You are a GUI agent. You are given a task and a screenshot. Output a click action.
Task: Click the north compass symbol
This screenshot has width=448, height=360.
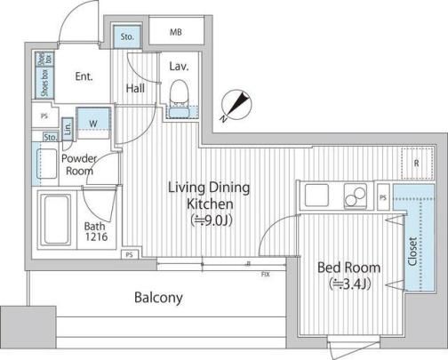pyautogui.click(x=236, y=106)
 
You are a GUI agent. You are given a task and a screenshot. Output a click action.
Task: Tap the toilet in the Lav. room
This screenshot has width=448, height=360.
pyautogui.click(x=179, y=92)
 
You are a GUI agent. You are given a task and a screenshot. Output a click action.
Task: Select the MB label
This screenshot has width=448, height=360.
pyautogui.click(x=176, y=32)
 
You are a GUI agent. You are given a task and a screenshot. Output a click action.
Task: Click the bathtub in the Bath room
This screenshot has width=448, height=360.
pyautogui.click(x=56, y=219)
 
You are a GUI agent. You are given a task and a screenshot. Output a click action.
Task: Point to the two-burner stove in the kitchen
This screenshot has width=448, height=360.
pyautogui.click(x=356, y=196)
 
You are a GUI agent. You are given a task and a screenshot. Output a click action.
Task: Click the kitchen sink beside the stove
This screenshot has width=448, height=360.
pyautogui.click(x=316, y=196)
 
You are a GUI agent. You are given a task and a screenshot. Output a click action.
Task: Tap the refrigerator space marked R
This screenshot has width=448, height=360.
pyautogui.click(x=417, y=163)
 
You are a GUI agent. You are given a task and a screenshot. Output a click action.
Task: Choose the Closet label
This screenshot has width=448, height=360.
pyautogui.click(x=412, y=252)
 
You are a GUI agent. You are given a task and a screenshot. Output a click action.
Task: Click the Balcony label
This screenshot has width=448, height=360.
pyautogui.click(x=158, y=298)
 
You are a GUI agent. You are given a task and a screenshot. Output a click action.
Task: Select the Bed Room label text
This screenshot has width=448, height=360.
pyautogui.click(x=348, y=268)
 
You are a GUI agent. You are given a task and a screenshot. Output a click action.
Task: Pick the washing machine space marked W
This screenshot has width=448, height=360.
pyautogui.click(x=93, y=124)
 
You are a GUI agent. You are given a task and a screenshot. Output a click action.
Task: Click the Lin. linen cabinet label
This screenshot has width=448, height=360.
pyautogui.click(x=68, y=128)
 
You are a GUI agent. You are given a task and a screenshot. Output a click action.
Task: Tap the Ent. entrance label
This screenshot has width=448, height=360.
pyautogui.click(x=84, y=76)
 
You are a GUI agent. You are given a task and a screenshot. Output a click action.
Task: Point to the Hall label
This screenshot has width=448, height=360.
pyautogui.click(x=135, y=88)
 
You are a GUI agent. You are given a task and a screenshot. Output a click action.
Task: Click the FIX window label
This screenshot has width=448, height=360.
pyautogui.click(x=266, y=275)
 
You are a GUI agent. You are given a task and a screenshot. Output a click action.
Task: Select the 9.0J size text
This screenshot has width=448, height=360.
pyautogui.click(x=212, y=220)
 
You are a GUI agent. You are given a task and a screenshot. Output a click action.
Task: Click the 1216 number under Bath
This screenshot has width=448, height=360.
pyautogui.click(x=96, y=236)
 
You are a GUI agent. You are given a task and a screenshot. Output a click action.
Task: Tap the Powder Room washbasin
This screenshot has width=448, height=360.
pyautogui.click(x=46, y=164)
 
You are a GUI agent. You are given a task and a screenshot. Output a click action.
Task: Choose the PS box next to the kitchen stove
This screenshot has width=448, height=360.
pyautogui.click(x=383, y=197)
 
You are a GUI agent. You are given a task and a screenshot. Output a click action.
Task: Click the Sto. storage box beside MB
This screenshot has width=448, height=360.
pyautogui.click(x=127, y=37)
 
